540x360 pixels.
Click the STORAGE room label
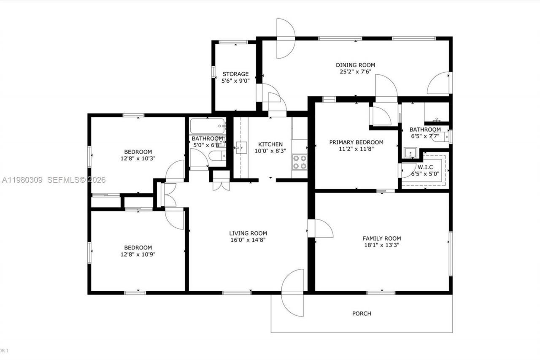click(235, 74)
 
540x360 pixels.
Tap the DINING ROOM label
click(355, 65)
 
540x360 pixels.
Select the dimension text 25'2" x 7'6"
click(355, 72)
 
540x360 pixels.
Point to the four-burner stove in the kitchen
click(300, 162)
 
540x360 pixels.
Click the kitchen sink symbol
click(241, 147)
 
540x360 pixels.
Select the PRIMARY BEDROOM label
click(356, 142)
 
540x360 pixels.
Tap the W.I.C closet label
click(424, 167)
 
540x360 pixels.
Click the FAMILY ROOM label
click(382, 238)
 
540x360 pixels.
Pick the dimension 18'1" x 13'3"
click(382, 245)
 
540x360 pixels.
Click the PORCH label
click(362, 314)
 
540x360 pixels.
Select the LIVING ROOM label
click(248, 233)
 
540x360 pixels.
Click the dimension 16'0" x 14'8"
click(248, 240)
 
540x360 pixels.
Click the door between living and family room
click(321, 228)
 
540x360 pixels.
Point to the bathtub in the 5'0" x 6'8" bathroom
click(207, 126)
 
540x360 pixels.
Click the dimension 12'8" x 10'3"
click(138, 159)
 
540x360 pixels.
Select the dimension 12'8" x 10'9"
click(138, 254)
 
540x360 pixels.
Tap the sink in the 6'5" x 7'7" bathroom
click(409, 152)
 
